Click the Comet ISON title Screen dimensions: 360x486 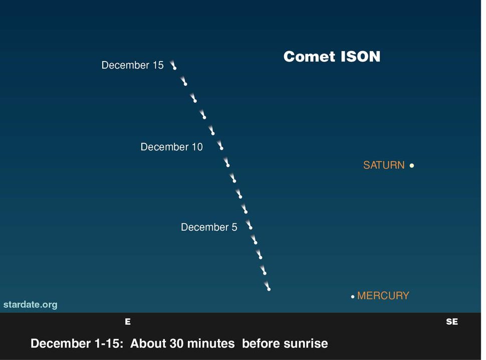[x=332, y=57]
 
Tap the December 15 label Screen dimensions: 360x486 [x=132, y=65]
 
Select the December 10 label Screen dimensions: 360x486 [x=171, y=147]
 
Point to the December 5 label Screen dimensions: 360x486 [x=209, y=227]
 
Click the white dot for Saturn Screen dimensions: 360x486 [x=412, y=165]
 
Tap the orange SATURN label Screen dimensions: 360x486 [x=383, y=165]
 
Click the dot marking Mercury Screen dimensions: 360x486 [x=353, y=296]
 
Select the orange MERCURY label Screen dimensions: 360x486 [x=383, y=295]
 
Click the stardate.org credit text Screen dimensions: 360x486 [x=30, y=304]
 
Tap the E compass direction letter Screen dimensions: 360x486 [x=128, y=322]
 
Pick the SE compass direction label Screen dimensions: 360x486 [x=451, y=322]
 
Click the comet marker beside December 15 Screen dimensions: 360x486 [x=174, y=66]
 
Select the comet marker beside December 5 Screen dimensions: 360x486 [x=250, y=226]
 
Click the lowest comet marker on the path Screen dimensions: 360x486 [x=268, y=288]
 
